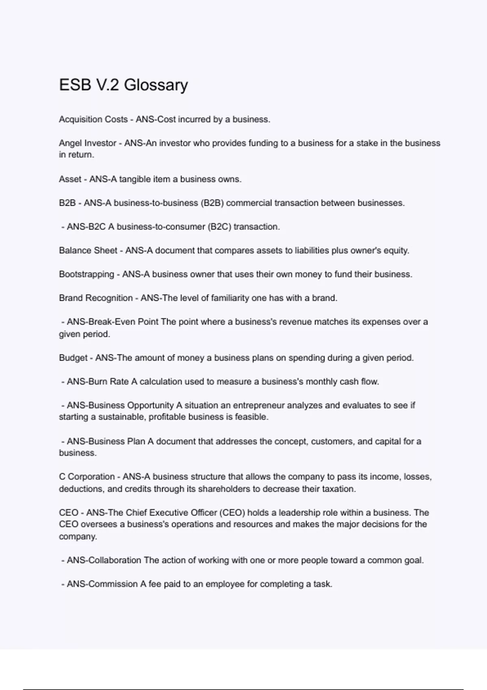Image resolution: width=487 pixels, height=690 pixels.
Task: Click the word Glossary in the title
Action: (x=156, y=85)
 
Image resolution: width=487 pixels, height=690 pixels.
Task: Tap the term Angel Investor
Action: (x=88, y=143)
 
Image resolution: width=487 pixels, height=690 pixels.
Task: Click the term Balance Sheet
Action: (x=88, y=250)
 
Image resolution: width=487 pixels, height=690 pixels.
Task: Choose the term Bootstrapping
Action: (x=86, y=274)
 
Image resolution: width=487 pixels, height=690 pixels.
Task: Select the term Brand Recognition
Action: (x=96, y=298)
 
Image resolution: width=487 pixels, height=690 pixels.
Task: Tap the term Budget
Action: (x=73, y=358)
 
